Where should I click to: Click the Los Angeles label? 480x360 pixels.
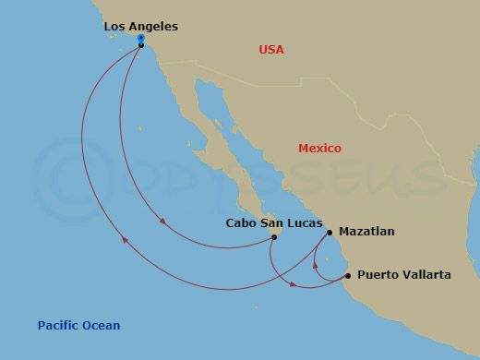coord(141,27)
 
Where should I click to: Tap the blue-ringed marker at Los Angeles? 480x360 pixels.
coord(141,39)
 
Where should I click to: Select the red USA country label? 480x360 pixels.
coord(271,50)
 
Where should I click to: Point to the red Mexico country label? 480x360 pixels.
coord(319,149)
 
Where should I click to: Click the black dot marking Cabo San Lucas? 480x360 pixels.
coord(274,237)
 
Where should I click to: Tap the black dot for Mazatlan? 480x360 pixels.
coord(330,233)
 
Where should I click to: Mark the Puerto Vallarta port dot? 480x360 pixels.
coord(347,276)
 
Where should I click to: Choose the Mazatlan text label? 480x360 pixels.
coord(366,232)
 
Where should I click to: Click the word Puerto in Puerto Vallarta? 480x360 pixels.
coord(378,275)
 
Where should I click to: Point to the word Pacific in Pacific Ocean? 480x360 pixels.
coord(58,326)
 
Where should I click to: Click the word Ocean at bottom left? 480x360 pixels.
coord(101,326)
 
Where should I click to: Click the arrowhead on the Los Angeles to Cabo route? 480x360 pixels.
coord(163,221)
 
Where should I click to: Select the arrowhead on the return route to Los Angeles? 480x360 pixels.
coord(125,241)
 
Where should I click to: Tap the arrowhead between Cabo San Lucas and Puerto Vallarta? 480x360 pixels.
coord(294,283)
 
